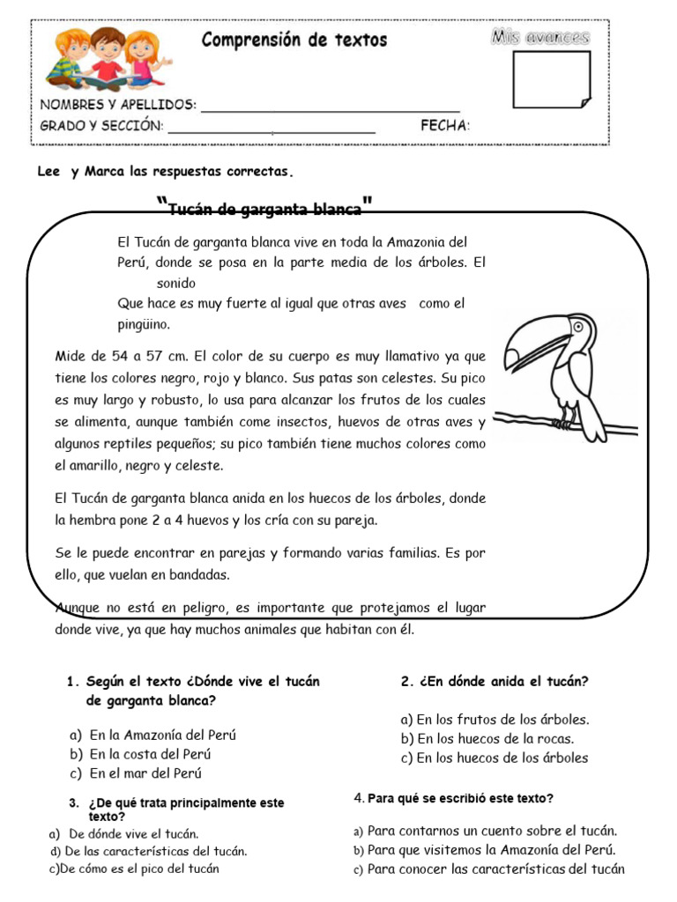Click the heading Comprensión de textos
click(294, 40)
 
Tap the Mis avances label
click(539, 37)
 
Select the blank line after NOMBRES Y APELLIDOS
click(331, 107)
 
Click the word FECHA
click(445, 126)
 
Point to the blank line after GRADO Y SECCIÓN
click(272, 129)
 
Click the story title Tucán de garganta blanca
click(264, 209)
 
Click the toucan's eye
click(578, 326)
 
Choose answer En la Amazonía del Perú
click(162, 735)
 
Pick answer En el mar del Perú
click(145, 773)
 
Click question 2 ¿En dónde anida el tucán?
click(495, 681)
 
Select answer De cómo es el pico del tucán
click(134, 869)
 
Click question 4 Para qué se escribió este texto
click(453, 798)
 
